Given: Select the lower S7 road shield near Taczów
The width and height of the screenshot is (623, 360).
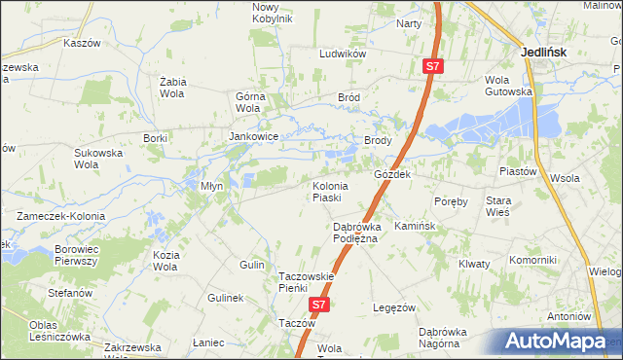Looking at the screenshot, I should (x=318, y=306).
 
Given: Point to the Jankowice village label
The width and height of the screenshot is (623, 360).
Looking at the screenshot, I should (x=254, y=137).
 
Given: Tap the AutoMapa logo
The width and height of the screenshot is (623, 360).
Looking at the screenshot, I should (x=559, y=341).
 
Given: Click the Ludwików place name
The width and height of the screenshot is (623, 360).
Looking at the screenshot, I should (x=343, y=54).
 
